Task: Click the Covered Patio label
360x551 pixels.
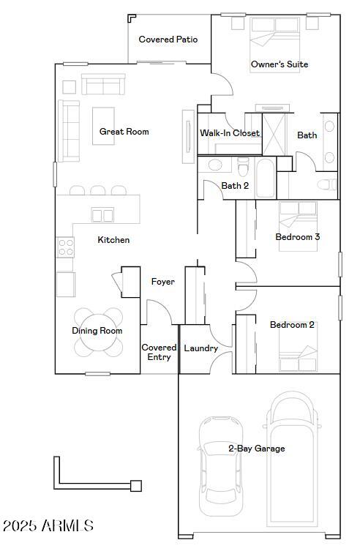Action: pos(168,40)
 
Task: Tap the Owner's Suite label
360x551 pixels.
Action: pos(279,64)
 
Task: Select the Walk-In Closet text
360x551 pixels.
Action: pos(230,133)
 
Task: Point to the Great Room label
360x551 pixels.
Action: pos(124,132)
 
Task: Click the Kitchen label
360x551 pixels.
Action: pos(113,240)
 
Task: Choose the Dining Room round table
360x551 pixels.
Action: pos(97,331)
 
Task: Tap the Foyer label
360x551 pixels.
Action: pos(162,282)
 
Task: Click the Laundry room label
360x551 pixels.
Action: pos(200,348)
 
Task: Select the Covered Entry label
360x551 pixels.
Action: pos(159,352)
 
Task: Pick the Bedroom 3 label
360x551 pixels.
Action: pos(297,237)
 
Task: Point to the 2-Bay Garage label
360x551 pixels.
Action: pos(256,449)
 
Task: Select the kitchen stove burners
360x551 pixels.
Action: pos(65,247)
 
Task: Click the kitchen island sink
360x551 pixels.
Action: pos(102,214)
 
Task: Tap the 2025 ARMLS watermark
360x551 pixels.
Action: pos(48,525)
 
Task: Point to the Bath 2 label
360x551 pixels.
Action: pos(235,186)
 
